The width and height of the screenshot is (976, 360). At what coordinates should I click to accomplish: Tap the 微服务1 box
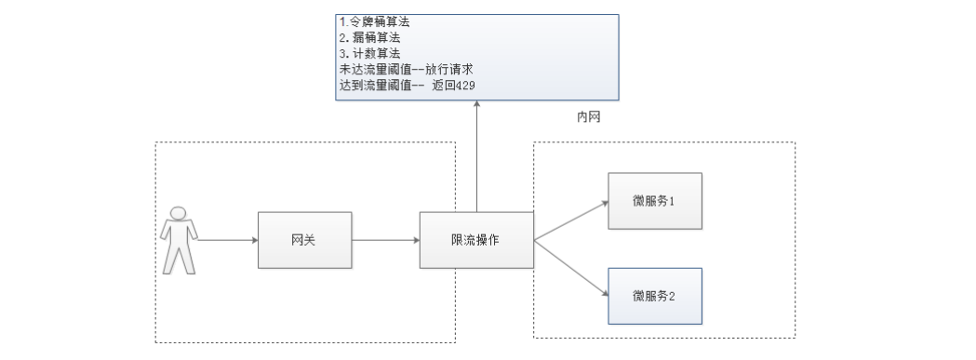653,200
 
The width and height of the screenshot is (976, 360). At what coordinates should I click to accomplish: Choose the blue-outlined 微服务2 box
653,295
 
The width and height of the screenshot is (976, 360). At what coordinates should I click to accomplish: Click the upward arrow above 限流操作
476,158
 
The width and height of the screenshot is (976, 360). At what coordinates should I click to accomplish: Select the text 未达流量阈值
378,69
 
